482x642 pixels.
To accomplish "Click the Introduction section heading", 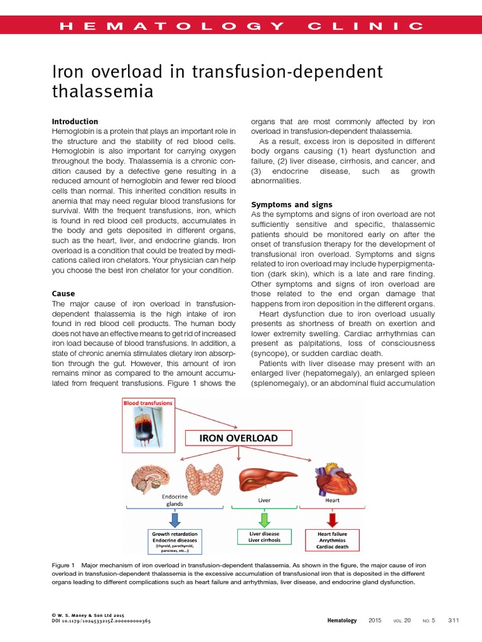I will point(75,121).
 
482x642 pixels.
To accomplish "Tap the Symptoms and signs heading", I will point(292,204).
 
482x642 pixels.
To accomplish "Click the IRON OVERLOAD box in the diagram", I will point(238,438).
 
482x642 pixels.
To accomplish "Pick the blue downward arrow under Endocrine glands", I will point(174,517).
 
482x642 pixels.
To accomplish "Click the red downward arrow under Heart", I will point(332,517).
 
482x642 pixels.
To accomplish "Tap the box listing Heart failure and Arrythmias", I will point(332,539).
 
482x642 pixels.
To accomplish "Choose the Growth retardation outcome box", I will point(174,542).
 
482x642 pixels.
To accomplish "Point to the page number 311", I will point(454,620).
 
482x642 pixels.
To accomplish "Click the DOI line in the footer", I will point(100,621).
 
